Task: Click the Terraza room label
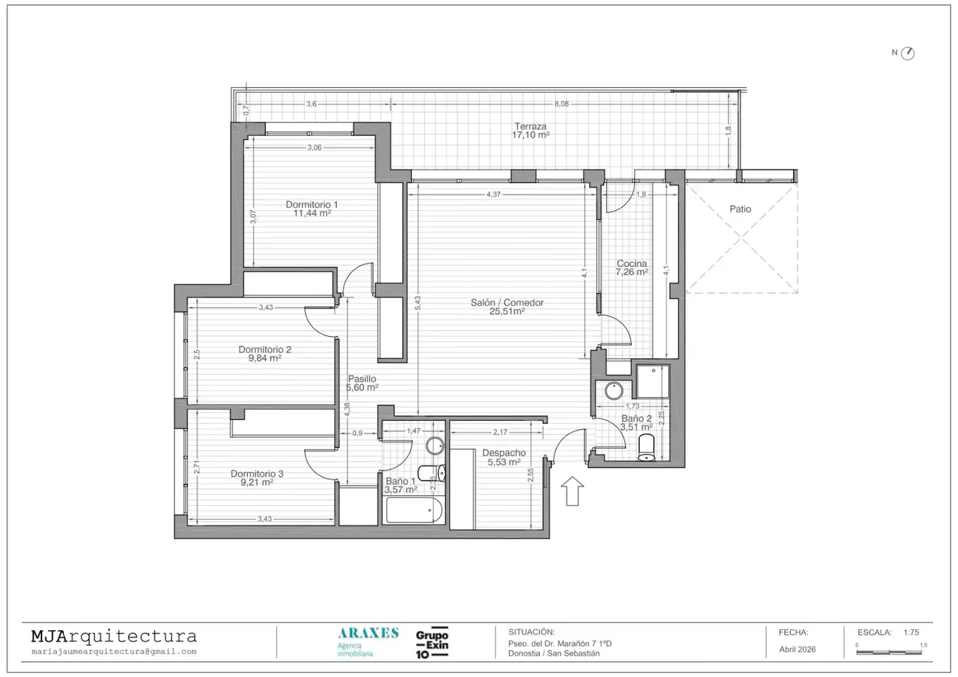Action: pos(530,127)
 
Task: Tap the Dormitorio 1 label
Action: pos(312,204)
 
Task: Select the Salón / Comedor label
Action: pos(507,303)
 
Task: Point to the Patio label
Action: pos(740,209)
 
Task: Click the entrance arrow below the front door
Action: pos(572,491)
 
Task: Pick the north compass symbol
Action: pos(908,53)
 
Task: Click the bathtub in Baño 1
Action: pos(413,510)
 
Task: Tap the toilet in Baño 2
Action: pos(646,448)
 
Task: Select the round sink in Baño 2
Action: pos(614,391)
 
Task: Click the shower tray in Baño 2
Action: pos(652,381)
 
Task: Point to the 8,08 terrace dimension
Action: pos(561,104)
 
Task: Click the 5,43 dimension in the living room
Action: pos(418,303)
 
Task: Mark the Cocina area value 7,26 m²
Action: pos(632,272)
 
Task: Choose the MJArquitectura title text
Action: pos(114,636)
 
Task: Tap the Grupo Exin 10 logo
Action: pos(432,643)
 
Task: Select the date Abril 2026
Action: pos(797,649)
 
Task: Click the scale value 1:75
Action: pos(911,632)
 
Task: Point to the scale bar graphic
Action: pos(889,652)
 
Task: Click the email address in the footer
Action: pos(114,652)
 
